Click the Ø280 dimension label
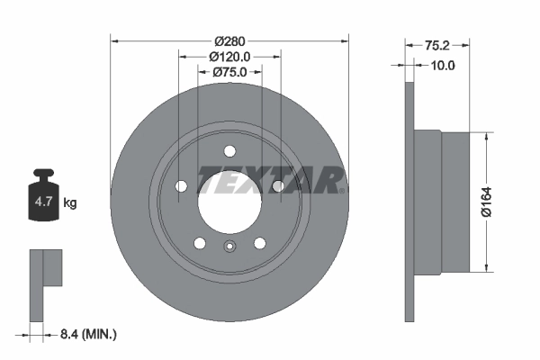click(229, 40)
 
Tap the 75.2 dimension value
click(436, 44)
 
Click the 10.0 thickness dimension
click(443, 65)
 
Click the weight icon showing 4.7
click(43, 199)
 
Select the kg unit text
click(70, 203)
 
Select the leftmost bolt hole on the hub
click(181, 186)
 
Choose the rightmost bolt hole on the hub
click(277, 185)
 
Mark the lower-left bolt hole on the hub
click(199, 242)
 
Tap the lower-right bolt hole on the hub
click(259, 242)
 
